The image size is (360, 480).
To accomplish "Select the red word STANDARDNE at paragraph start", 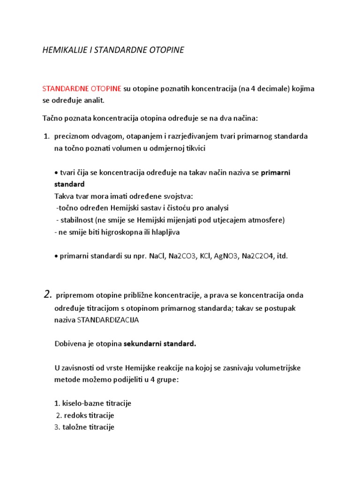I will pyautogui.click(x=62, y=89).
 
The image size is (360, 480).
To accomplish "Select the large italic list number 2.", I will pyautogui.click(x=47, y=294).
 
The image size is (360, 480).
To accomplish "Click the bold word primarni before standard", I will pyautogui.click(x=276, y=172).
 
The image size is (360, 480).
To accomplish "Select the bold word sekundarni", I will pyautogui.click(x=142, y=344).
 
